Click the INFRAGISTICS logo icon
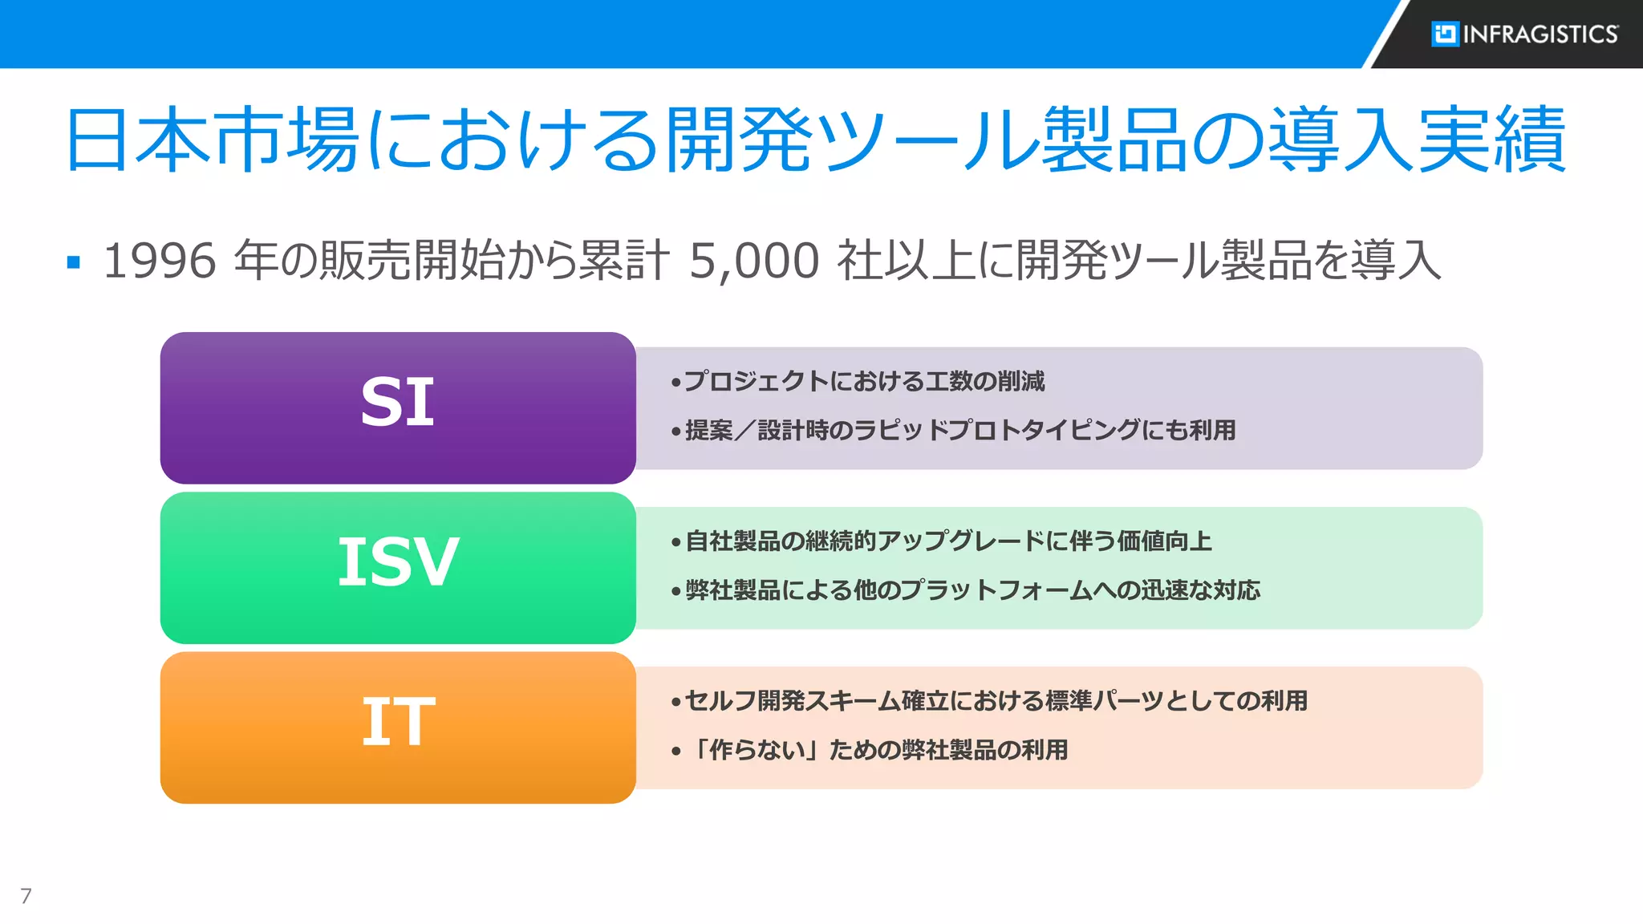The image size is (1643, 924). point(1445,34)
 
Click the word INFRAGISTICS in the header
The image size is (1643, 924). point(1540,34)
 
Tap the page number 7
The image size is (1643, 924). point(26,896)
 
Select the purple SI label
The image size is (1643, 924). point(398,403)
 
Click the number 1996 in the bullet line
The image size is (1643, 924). point(160,261)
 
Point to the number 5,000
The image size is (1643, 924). point(754,261)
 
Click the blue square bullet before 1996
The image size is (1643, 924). point(74,262)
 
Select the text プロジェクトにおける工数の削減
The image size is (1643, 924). point(864,381)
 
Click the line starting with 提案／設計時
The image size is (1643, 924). point(959,430)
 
